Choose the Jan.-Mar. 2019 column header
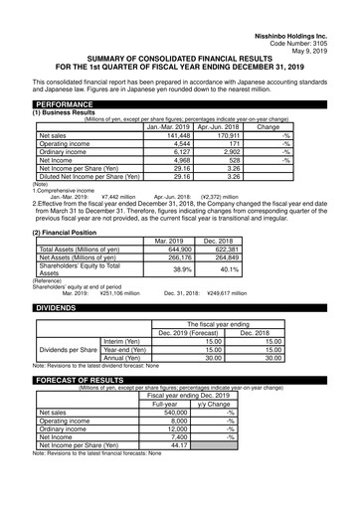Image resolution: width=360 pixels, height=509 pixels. coord(168,126)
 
